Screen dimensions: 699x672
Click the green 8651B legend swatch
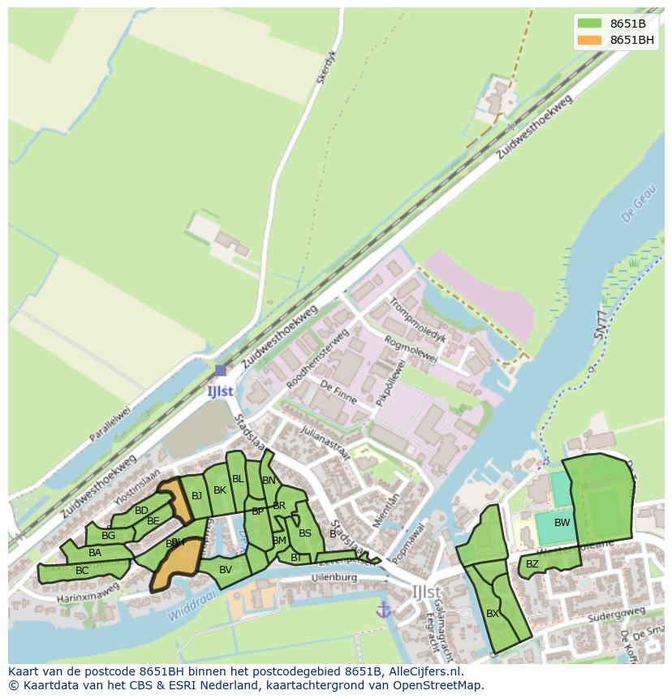tap(590, 24)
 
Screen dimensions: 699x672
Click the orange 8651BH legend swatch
tap(590, 40)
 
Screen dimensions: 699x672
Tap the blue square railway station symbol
tap(221, 370)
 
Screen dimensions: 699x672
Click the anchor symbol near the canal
tap(383, 609)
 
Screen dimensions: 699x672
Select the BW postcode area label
tap(562, 523)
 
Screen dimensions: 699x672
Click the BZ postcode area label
tap(532, 563)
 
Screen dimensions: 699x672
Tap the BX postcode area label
tap(493, 614)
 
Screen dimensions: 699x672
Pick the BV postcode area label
tap(226, 570)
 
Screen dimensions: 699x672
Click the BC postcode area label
tap(82, 571)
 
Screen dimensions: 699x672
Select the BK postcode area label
tap(220, 490)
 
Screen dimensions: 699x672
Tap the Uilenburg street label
tap(334, 577)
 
